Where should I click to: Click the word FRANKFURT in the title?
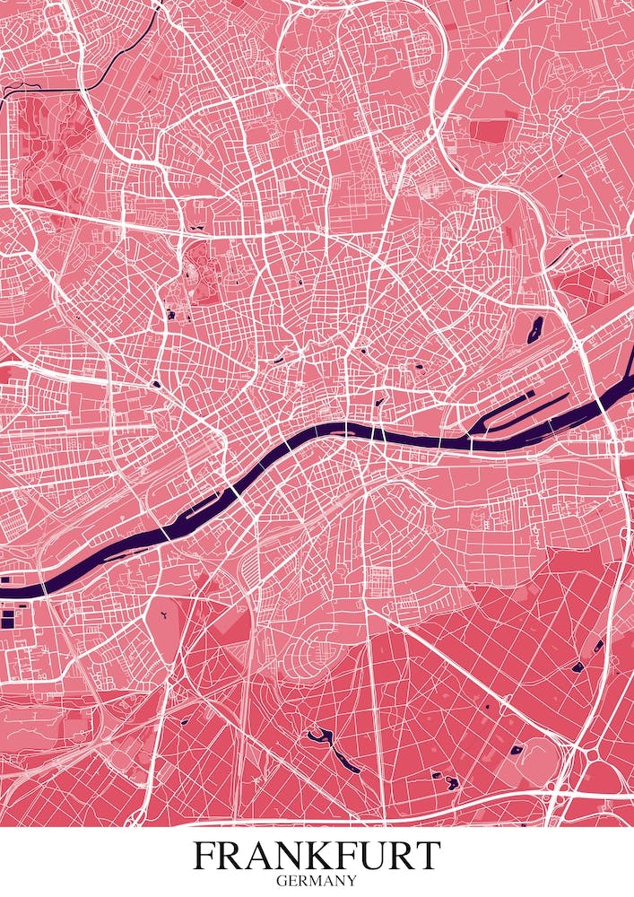tap(317, 856)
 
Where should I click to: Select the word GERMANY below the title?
tap(317, 881)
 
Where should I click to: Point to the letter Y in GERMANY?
tap(352, 881)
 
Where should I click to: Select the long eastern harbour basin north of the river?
tap(520, 408)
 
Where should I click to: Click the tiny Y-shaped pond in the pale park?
tap(166, 617)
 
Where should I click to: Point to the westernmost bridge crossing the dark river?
tap(166, 534)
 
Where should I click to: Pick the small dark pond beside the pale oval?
tap(517, 749)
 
